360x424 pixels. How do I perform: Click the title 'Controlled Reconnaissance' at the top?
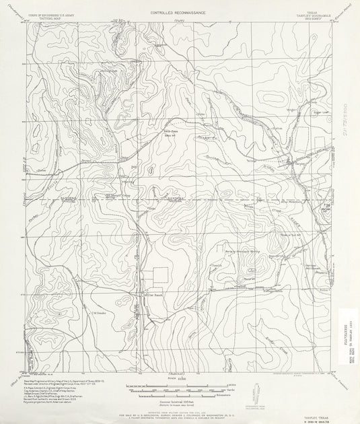click(179, 13)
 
